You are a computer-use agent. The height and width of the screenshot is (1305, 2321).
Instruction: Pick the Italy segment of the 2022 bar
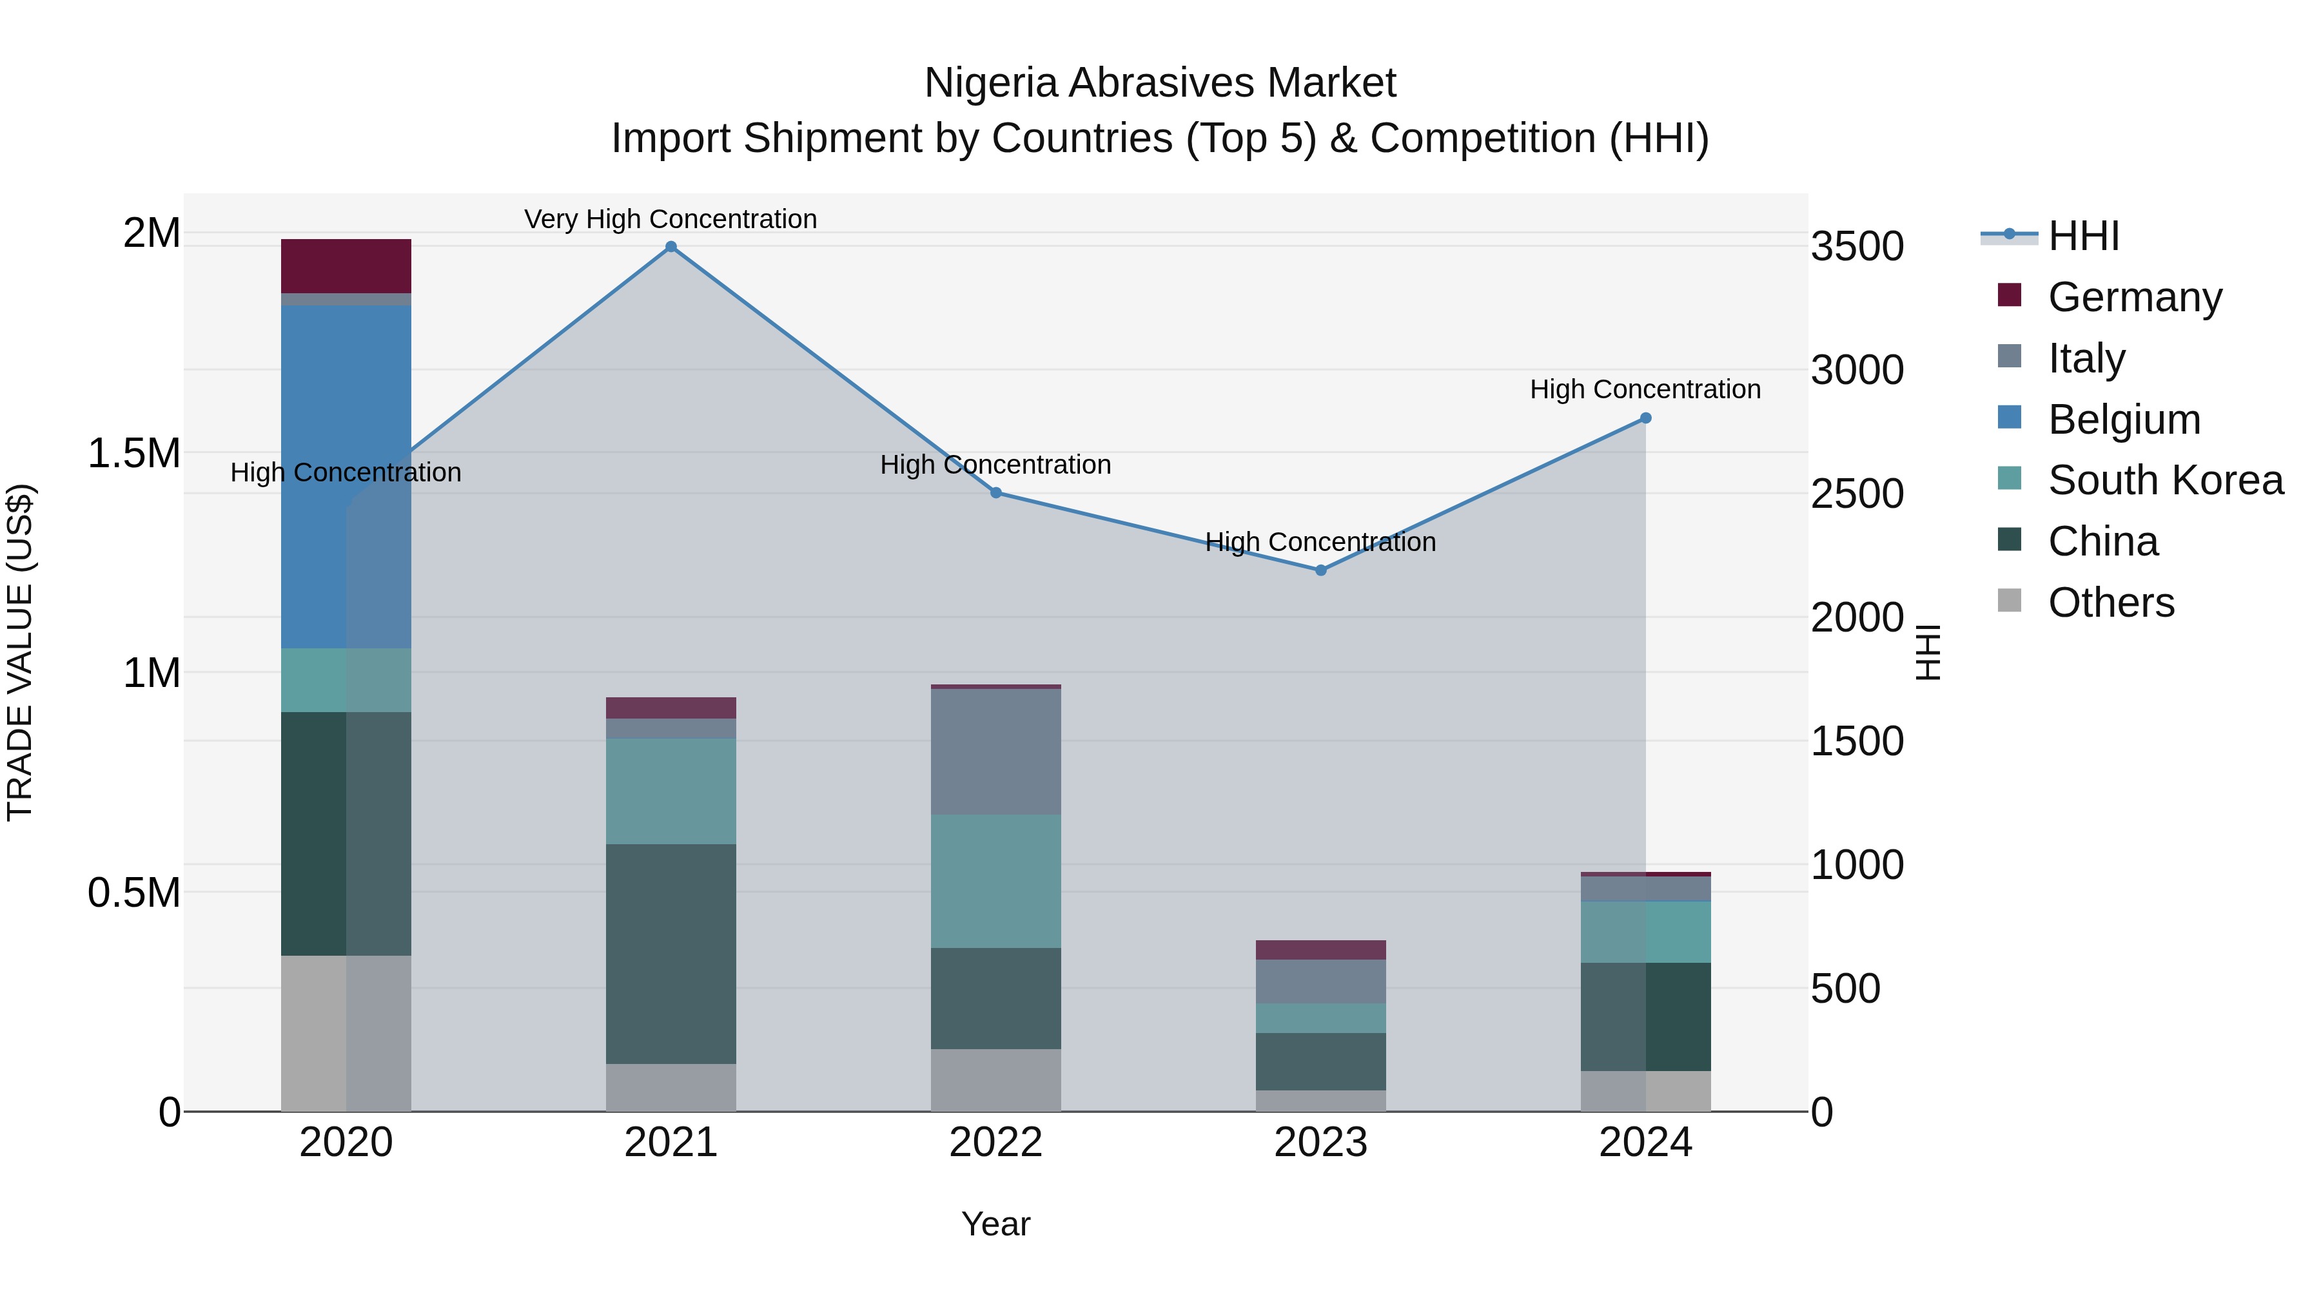pos(995,751)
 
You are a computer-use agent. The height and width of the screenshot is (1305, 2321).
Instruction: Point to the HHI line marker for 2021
pos(671,247)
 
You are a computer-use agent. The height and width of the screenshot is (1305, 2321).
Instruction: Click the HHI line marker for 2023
pos(1321,570)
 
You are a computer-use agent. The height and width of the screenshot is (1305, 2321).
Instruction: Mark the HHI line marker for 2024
pos(1645,418)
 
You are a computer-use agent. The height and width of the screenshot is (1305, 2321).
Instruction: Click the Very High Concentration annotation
pos(671,219)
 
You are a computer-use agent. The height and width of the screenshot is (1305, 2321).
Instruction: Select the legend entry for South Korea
pos(2165,480)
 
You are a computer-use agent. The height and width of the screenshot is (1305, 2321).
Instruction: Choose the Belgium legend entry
pos(2124,419)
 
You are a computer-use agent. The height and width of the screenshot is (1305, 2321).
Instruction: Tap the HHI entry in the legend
pos(2083,236)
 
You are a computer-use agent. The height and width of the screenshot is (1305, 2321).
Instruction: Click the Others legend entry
pos(2110,603)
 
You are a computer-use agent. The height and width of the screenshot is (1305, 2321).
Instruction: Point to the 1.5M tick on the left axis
pos(133,453)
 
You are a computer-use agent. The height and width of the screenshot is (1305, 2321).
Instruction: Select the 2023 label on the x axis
pos(1321,1143)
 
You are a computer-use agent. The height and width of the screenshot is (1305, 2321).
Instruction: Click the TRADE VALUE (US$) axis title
pos(20,652)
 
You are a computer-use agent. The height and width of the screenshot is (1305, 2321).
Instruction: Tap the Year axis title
pos(995,1224)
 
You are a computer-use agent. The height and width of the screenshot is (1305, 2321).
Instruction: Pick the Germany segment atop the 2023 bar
pos(1321,949)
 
